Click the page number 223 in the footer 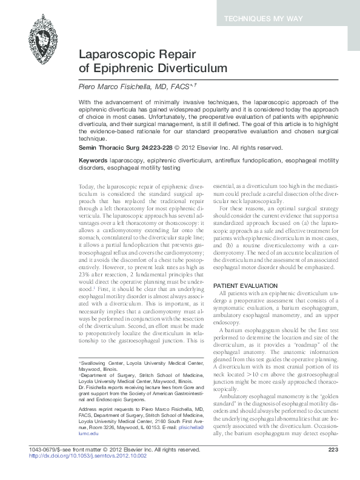[x=332, y=466]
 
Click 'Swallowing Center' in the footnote [x=102, y=362]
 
